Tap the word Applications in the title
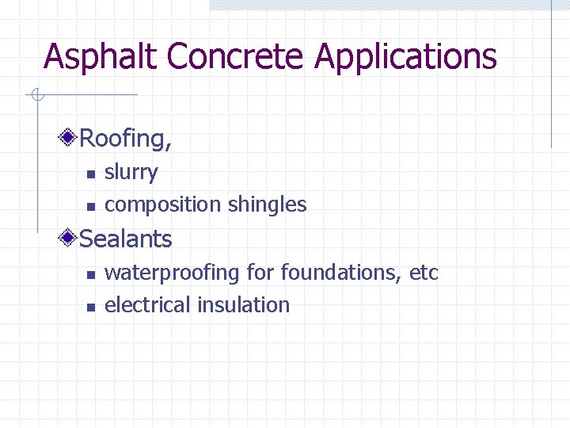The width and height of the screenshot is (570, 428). coord(406,57)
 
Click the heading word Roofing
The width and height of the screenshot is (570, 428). coord(123,139)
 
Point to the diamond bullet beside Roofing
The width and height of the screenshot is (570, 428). coord(70,138)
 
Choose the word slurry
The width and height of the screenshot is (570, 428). coord(131,173)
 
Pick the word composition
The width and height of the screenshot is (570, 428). coord(163,205)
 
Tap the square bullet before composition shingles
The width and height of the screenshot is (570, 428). coord(90,206)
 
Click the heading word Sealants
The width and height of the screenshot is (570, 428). coord(126,239)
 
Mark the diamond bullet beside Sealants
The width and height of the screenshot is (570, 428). coord(70,238)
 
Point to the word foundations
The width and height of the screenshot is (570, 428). coord(341,273)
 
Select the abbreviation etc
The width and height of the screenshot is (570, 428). coord(424,273)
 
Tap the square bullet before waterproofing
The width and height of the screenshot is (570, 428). coord(90,274)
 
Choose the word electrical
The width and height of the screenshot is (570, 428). coord(148,305)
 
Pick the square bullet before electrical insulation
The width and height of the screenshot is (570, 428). coord(90,307)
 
